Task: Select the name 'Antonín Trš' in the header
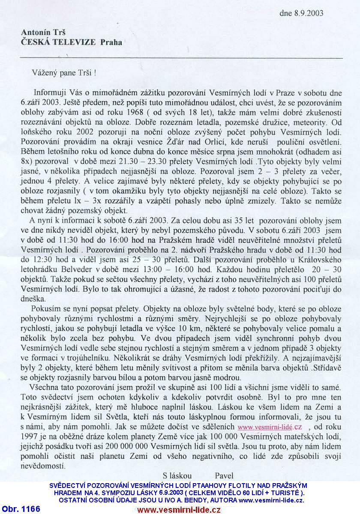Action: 41,33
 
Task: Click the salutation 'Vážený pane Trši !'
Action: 64,72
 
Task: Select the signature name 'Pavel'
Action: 224,475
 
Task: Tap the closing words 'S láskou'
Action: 177,475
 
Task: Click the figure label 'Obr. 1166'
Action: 21,509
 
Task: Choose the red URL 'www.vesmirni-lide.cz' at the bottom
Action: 179,509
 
